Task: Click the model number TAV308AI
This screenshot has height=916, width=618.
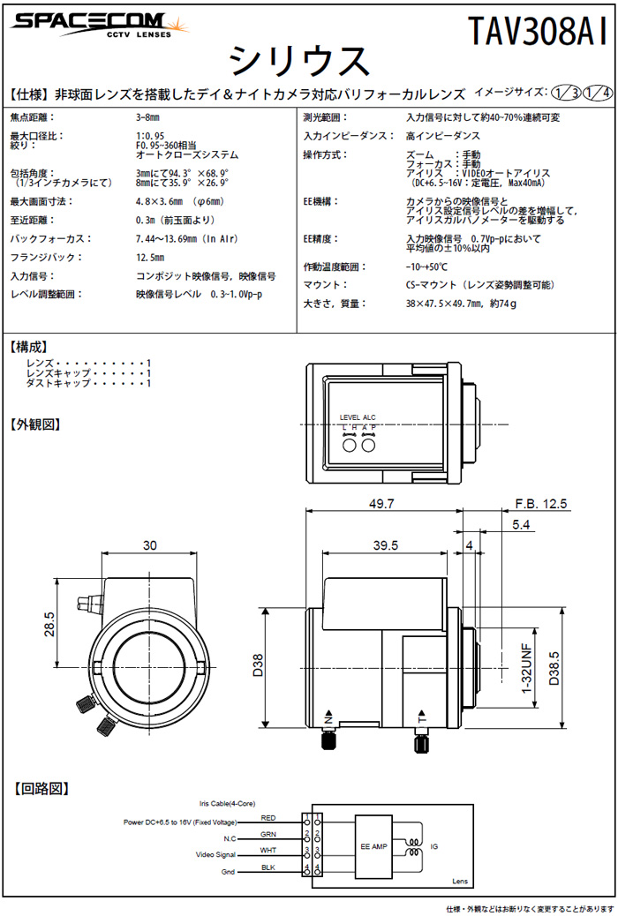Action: (x=538, y=33)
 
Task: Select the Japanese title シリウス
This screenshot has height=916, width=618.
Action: (x=298, y=62)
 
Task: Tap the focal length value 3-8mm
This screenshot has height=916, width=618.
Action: (x=149, y=116)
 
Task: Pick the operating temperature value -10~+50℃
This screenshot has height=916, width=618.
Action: (x=426, y=267)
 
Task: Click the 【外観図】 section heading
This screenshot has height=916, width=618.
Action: (x=34, y=424)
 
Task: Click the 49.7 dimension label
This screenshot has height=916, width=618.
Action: (x=382, y=504)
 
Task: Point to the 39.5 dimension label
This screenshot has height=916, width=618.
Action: (x=386, y=545)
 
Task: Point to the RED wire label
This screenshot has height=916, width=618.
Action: (x=268, y=818)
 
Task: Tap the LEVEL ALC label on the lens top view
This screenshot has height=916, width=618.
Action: (x=358, y=417)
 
